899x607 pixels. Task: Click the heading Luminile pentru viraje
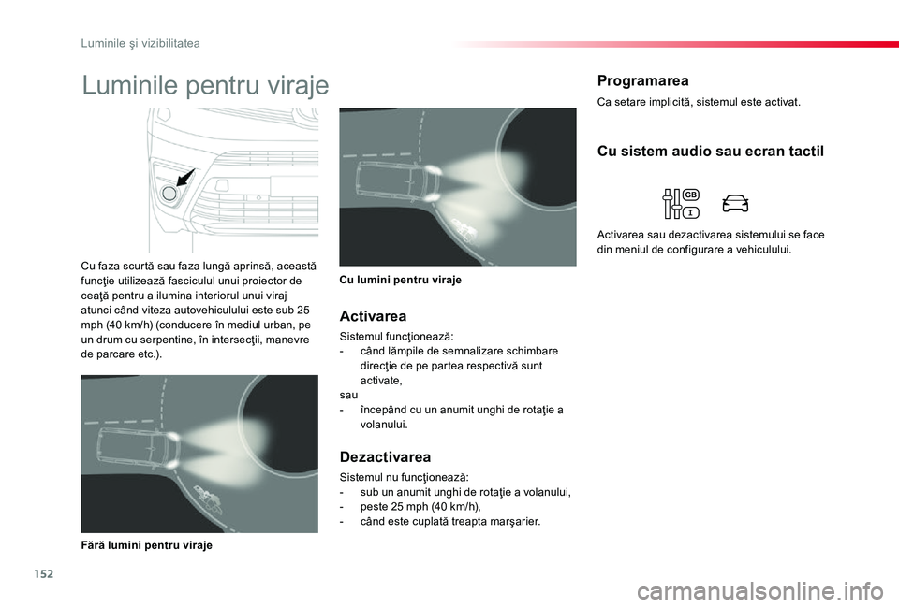pyautogui.click(x=206, y=86)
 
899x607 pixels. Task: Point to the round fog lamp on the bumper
pyautogui.click(x=170, y=195)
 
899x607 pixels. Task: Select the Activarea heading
pyautogui.click(x=373, y=316)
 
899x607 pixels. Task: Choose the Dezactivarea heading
pyautogui.click(x=385, y=457)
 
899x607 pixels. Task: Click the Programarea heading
pyautogui.click(x=642, y=80)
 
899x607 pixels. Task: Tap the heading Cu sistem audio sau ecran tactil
pyautogui.click(x=710, y=152)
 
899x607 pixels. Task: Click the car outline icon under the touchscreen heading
pyautogui.click(x=735, y=203)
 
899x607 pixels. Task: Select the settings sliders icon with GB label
pyautogui.click(x=681, y=203)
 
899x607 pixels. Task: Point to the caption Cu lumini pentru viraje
pyautogui.click(x=400, y=280)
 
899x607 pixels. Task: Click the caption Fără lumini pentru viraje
pyautogui.click(x=146, y=545)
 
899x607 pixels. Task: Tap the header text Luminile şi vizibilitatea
pyautogui.click(x=140, y=43)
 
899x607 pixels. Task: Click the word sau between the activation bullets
pyautogui.click(x=348, y=396)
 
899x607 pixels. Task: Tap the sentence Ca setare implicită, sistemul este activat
pyautogui.click(x=698, y=102)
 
